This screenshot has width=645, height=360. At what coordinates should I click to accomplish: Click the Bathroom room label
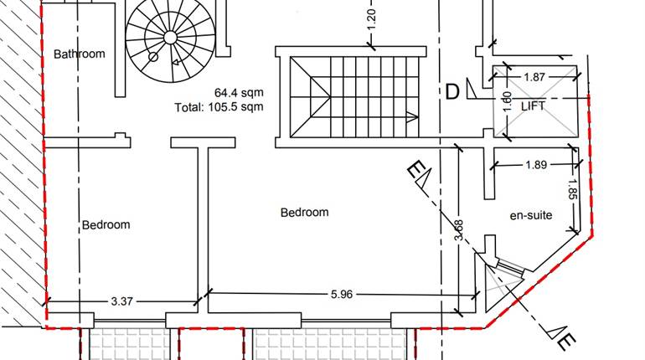coord(80,54)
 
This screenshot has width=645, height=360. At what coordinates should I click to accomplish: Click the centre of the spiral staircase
coord(169,37)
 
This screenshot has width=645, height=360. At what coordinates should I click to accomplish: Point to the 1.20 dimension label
coord(372,14)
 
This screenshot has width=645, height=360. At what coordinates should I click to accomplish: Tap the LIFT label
coord(534,106)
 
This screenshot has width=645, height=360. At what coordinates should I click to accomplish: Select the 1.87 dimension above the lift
coord(534,77)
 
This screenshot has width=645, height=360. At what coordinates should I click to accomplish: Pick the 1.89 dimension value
coord(536,165)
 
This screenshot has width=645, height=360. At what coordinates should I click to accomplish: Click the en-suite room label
coord(531,215)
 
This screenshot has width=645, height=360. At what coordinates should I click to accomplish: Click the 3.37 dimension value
coord(122,299)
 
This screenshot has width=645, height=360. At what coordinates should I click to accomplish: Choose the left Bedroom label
coord(106,224)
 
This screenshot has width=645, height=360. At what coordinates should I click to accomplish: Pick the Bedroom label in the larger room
coord(304,213)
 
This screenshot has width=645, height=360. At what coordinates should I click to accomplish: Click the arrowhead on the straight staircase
coord(411,116)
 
